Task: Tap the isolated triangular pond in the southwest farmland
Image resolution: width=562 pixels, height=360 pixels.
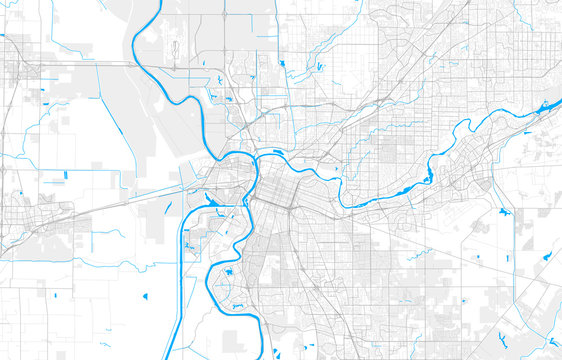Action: point(144,296)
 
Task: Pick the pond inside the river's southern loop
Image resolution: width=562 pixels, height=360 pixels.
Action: point(228,271)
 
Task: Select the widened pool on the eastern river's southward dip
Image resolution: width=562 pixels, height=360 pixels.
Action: point(428,178)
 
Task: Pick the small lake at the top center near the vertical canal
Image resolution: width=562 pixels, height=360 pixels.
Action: point(283,64)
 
